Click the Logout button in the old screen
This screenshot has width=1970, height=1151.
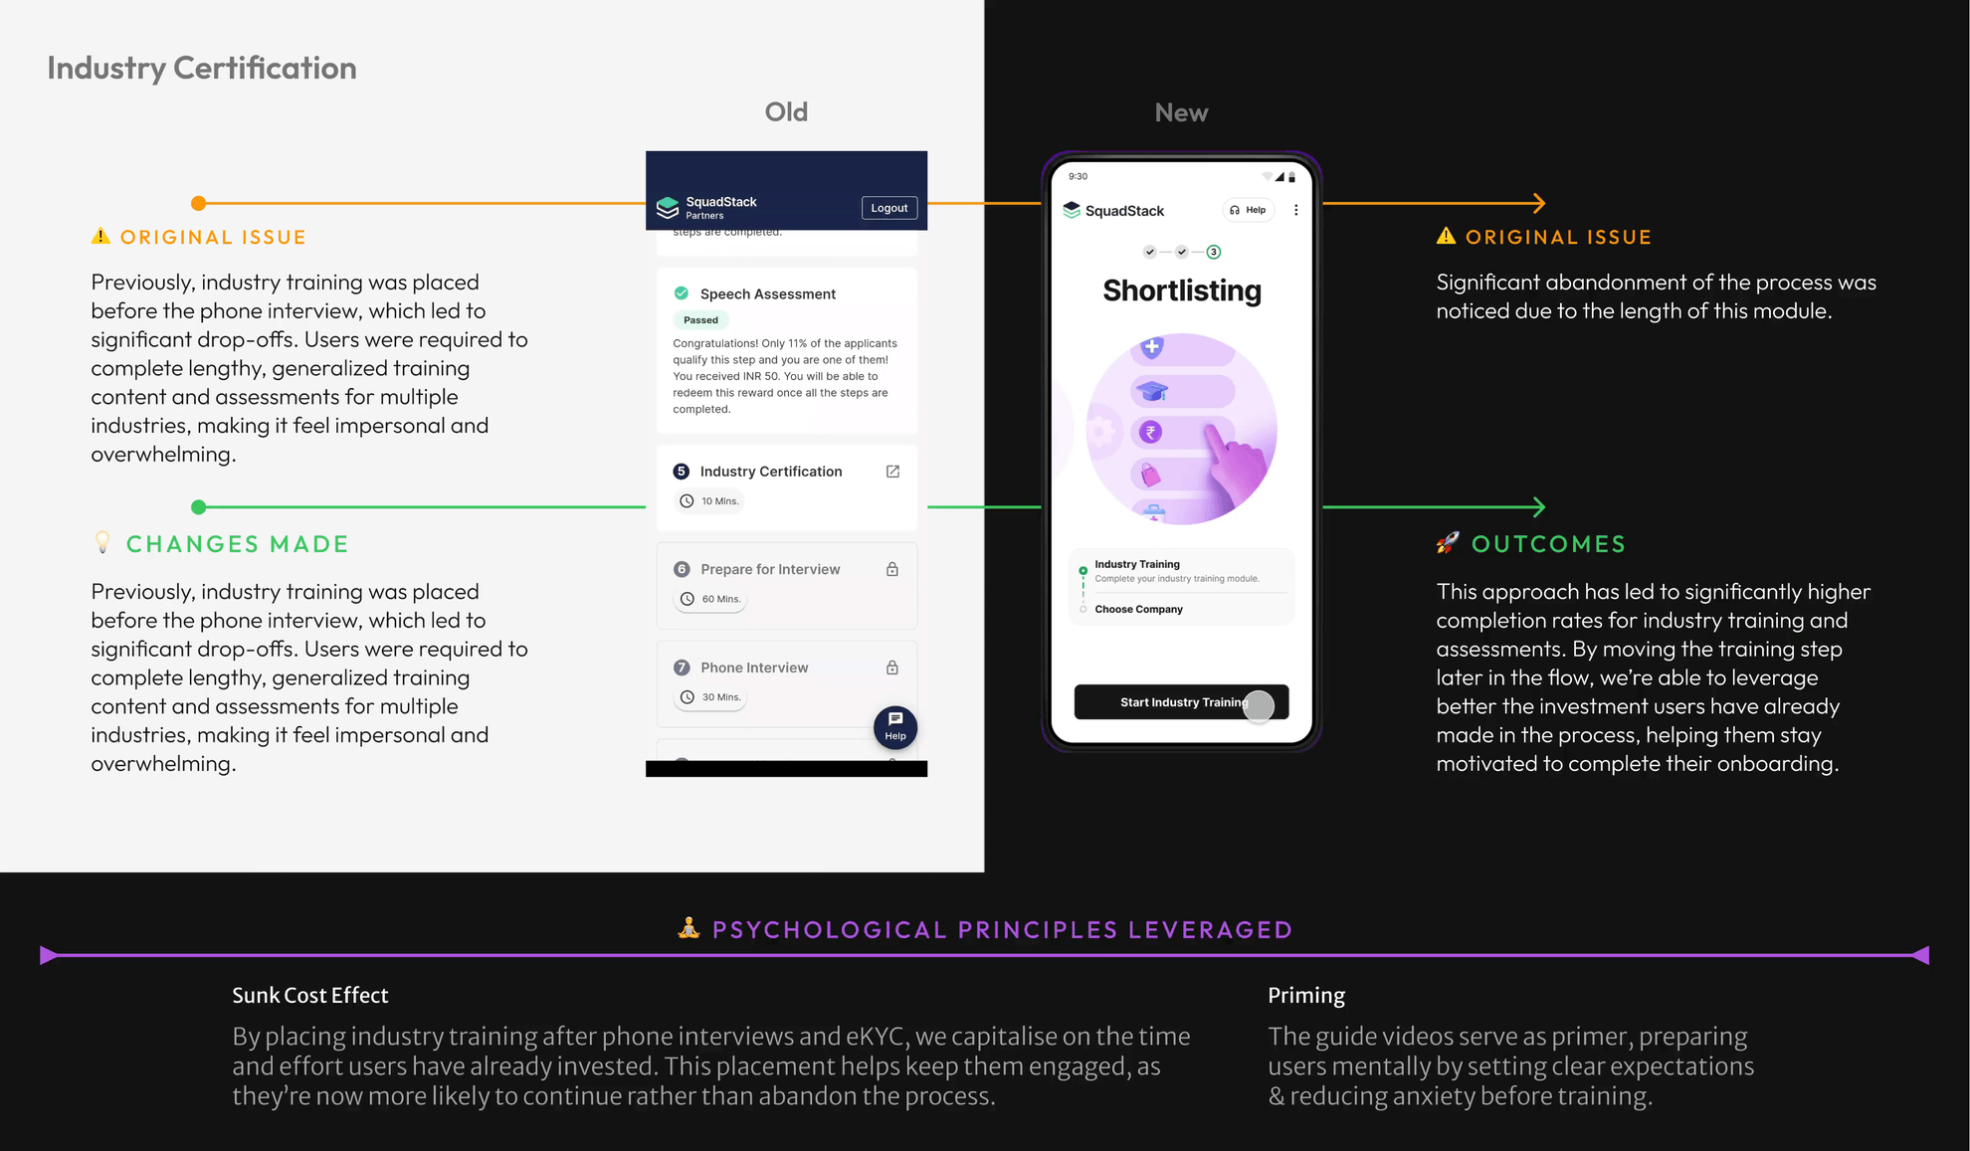(x=888, y=208)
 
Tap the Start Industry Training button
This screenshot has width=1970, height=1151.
(x=1181, y=701)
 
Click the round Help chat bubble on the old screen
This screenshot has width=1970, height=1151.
(x=895, y=726)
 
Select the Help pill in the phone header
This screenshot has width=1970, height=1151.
(x=1248, y=210)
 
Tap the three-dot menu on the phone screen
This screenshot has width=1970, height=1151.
(x=1295, y=210)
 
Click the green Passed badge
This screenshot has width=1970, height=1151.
(x=700, y=320)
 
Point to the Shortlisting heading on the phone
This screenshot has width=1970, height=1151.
(x=1182, y=290)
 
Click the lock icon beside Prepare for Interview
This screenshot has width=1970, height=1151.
(x=892, y=569)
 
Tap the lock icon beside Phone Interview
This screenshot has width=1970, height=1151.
(x=892, y=668)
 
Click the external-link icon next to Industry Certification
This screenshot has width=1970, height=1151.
(x=892, y=472)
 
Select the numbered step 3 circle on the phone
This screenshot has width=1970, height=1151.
(x=1214, y=252)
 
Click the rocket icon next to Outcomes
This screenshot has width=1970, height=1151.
(x=1448, y=542)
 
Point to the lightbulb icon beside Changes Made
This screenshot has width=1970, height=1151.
(x=102, y=542)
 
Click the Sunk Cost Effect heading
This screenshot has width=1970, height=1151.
(x=310, y=995)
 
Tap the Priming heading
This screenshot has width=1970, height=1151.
(x=1306, y=995)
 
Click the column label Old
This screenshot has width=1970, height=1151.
(x=786, y=112)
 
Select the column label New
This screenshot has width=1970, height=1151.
(x=1181, y=112)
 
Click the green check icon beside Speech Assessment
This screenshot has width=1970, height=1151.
(x=682, y=293)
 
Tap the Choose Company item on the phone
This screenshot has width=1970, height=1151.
(x=1139, y=609)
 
